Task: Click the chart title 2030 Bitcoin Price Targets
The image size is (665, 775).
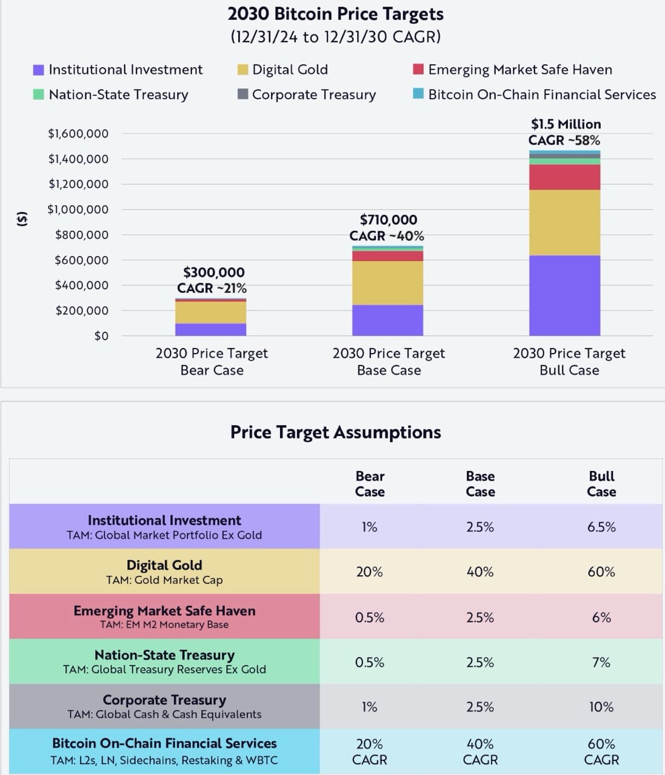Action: point(335,14)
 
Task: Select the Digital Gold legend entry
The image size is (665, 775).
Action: point(289,70)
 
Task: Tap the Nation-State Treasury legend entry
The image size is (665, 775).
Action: point(118,94)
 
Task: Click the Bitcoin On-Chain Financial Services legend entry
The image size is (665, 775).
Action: point(541,94)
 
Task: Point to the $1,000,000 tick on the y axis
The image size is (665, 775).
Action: point(78,209)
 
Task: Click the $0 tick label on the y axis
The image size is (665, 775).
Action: point(101,335)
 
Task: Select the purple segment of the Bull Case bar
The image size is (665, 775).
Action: point(564,295)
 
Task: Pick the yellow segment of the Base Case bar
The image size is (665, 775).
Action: point(387,283)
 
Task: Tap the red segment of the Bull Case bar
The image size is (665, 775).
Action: point(564,177)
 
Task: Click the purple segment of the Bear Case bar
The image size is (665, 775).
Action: point(210,329)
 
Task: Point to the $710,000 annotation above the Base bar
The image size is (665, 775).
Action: point(388,220)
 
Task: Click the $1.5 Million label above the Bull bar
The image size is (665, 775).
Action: point(566,124)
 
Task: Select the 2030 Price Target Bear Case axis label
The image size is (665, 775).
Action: point(212,361)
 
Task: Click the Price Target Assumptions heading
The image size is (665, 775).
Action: point(335,432)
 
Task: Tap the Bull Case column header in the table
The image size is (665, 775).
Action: point(601,484)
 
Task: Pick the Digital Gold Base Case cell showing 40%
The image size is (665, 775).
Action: point(480,572)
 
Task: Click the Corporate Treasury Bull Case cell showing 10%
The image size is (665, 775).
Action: point(601,707)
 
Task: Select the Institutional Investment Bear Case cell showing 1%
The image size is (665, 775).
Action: point(369,527)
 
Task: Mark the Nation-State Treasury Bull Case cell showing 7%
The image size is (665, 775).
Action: point(601,662)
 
